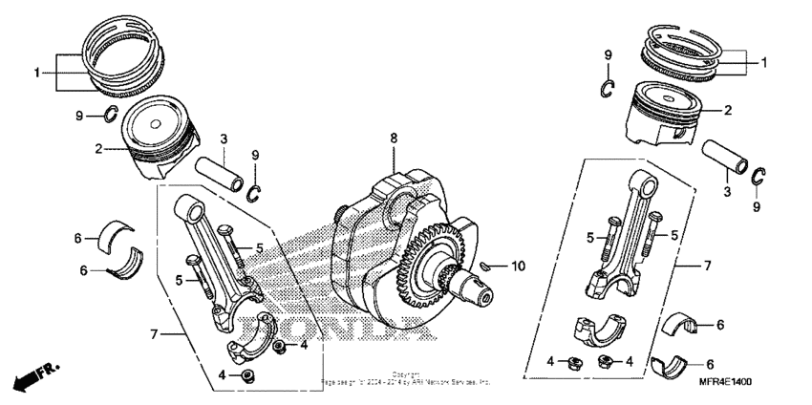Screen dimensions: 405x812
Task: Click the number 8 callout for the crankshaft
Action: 393,139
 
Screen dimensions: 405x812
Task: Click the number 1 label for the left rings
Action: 38,73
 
